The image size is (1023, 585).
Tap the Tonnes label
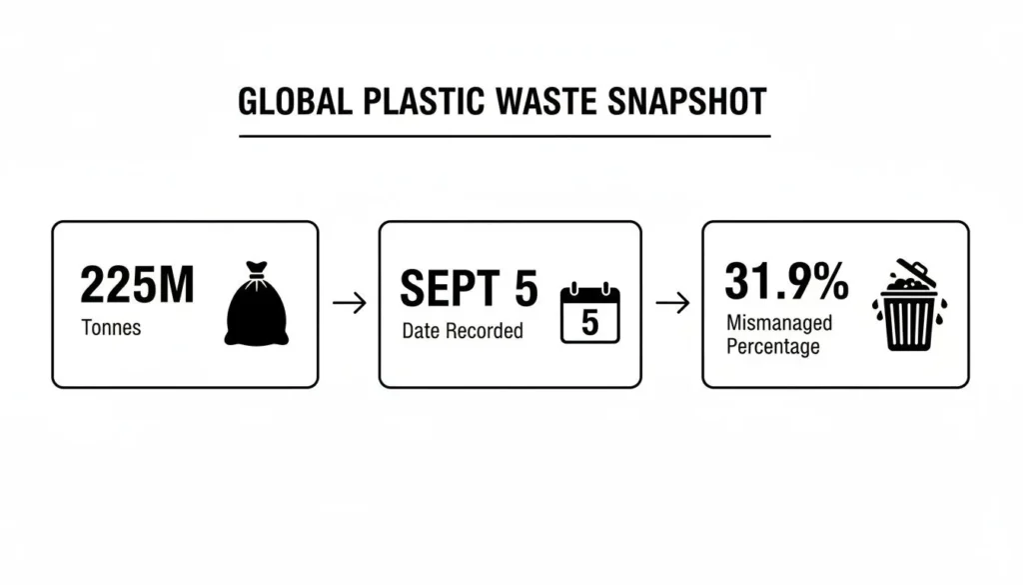click(111, 328)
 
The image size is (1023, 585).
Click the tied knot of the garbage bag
click(258, 269)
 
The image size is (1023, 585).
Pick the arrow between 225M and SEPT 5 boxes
click(349, 303)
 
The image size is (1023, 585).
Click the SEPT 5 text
click(469, 290)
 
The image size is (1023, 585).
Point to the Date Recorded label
click(463, 331)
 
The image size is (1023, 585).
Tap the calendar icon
click(590, 313)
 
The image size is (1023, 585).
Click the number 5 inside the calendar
click(590, 322)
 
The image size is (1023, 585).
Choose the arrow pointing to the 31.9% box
click(672, 303)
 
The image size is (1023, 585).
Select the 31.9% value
click(786, 281)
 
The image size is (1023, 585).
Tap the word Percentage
click(773, 346)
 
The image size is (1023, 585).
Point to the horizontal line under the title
click(504, 135)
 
